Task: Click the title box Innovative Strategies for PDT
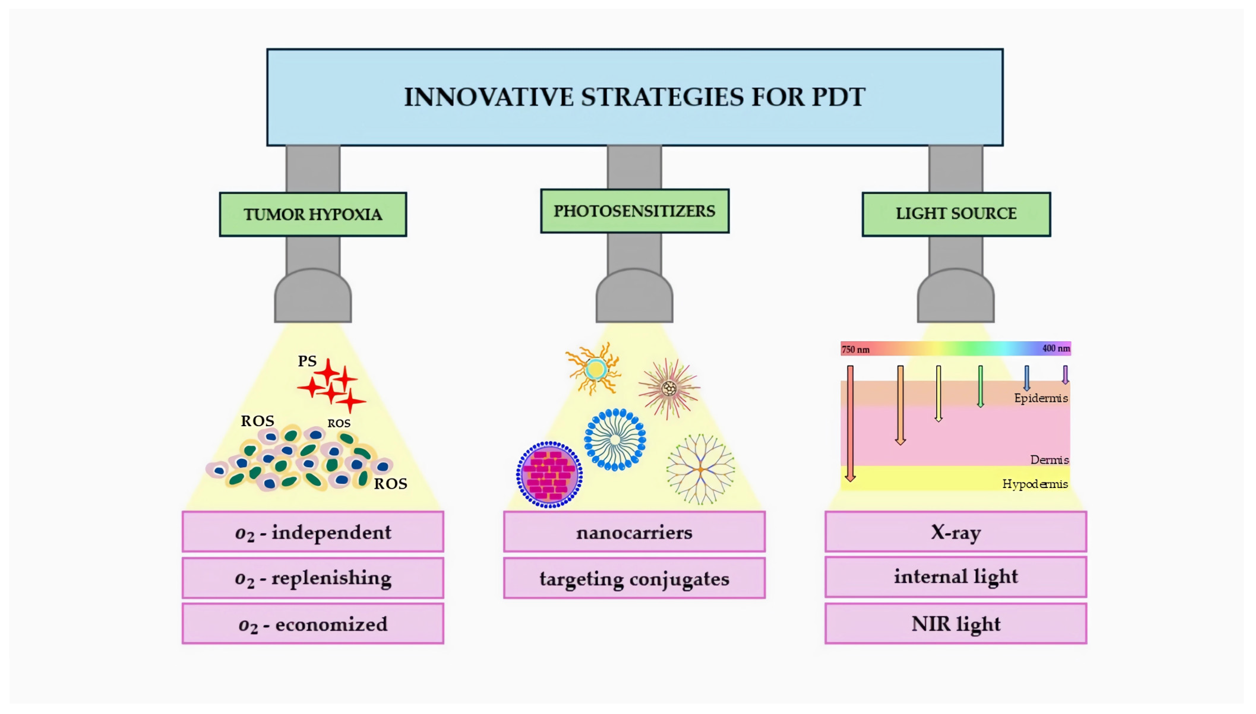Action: tap(635, 97)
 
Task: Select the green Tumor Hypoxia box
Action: tap(313, 214)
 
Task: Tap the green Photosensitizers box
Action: tap(634, 211)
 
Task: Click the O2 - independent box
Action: tap(313, 532)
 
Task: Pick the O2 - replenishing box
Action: tap(313, 578)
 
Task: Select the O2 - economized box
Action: tap(313, 624)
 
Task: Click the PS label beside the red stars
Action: tap(307, 361)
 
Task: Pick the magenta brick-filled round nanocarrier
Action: tap(549, 475)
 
